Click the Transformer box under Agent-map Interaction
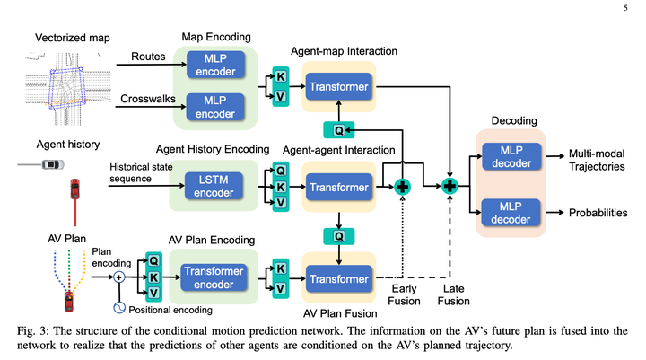[337, 88]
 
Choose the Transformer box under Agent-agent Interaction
[337, 188]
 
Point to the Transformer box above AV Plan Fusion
[337, 278]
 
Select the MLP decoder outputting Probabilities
[511, 212]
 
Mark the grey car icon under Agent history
[50, 164]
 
